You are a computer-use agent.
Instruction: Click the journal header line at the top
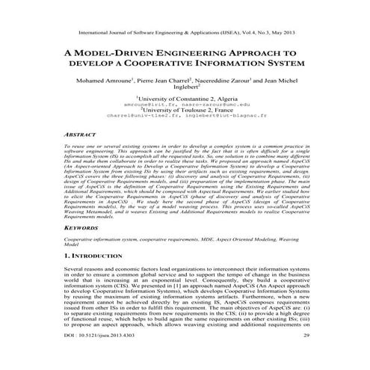(185, 34)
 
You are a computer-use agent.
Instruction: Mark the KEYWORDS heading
(81, 223)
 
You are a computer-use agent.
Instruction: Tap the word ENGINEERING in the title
(179, 54)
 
